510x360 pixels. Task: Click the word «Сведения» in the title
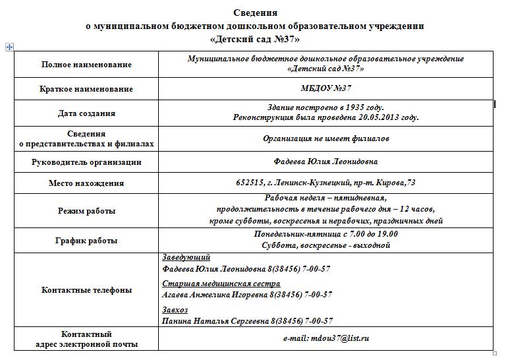pos(255,13)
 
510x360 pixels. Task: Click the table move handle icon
pos(9,47)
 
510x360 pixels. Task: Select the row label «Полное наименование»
pos(86,65)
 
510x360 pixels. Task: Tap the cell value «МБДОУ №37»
pos(326,88)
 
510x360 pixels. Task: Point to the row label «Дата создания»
pos(86,113)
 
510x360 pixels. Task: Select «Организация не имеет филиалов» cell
pos(326,138)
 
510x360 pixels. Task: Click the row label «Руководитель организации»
pos(86,162)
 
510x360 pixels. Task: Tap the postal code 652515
pos(250,183)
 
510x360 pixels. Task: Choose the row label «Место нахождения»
pos(86,183)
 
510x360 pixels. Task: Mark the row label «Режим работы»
pos(86,211)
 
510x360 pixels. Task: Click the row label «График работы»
pos(86,241)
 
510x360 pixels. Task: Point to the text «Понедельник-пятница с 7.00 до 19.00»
pos(326,234)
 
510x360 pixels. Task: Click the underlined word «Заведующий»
pos(186,257)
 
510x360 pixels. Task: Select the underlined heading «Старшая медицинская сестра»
pos(221,284)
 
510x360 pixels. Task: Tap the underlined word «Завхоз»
pos(175,309)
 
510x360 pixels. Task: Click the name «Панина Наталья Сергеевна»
pos(214,321)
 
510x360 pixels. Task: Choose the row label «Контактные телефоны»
pos(86,290)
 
